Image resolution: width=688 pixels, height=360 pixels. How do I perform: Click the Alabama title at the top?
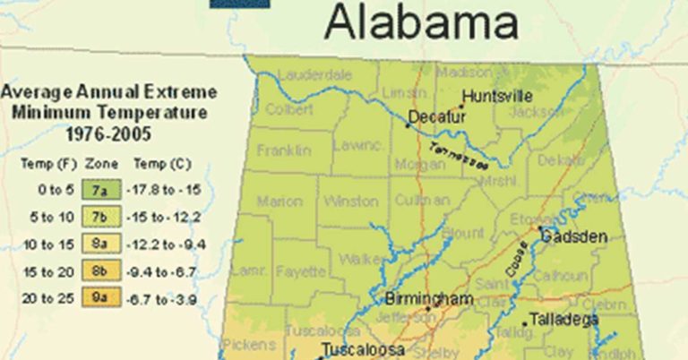pos(421,22)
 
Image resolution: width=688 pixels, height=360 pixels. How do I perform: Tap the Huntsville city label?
pos(496,96)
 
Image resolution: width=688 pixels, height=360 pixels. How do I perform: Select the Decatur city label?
pos(438,117)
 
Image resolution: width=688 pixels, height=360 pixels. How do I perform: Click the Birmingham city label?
pos(428,298)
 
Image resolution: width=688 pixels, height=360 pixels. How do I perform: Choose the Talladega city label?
pos(562,318)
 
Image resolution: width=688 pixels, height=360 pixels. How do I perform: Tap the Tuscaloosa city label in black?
pos(363,349)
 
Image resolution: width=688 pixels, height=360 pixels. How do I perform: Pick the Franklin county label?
pos(284,150)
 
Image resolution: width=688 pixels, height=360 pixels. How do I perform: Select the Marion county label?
pos(279,202)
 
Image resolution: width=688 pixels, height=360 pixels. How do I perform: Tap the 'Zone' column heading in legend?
pos(96,165)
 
